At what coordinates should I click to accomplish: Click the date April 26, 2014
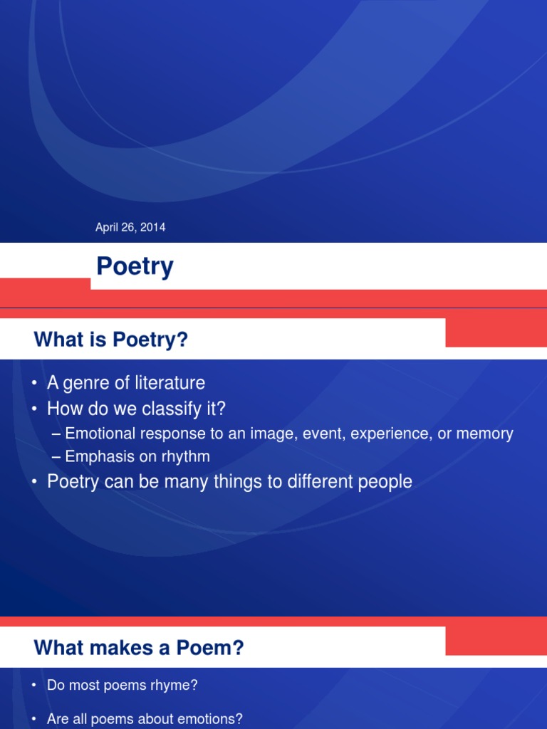[130, 228]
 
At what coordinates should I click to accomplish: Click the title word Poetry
[135, 267]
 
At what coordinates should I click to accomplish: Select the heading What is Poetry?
[111, 340]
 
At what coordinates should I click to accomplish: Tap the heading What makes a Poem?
[139, 648]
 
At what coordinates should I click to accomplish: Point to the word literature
[168, 383]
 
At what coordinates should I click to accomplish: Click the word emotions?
[212, 719]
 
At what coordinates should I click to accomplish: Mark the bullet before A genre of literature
[34, 384]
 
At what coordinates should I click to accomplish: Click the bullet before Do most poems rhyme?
[34, 686]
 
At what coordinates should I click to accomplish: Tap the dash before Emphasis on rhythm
[57, 456]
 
